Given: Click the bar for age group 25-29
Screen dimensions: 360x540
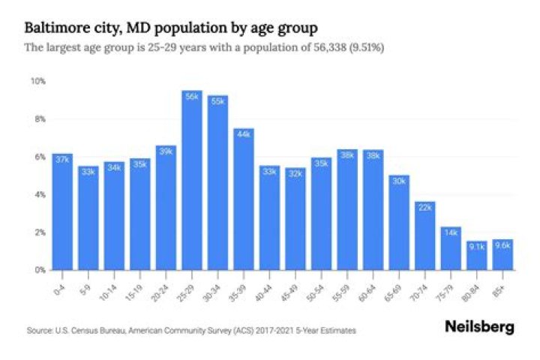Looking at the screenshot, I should pos(192,180).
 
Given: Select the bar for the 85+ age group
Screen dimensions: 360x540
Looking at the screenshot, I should pos(503,254).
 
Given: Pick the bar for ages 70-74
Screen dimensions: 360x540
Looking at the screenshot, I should pos(426,235).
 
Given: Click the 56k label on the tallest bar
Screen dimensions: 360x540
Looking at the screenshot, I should pos(192,96).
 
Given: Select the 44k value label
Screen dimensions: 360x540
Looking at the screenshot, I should pos(244,133).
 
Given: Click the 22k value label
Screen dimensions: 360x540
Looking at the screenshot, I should pos(425,206).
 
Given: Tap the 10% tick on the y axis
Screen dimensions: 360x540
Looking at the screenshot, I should pos(37,81).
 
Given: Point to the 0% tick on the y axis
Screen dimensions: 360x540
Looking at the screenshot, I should pos(39,269).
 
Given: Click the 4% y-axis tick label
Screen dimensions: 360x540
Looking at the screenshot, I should pos(39,194).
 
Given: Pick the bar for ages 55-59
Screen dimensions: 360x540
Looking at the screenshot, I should pos(348,209).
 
